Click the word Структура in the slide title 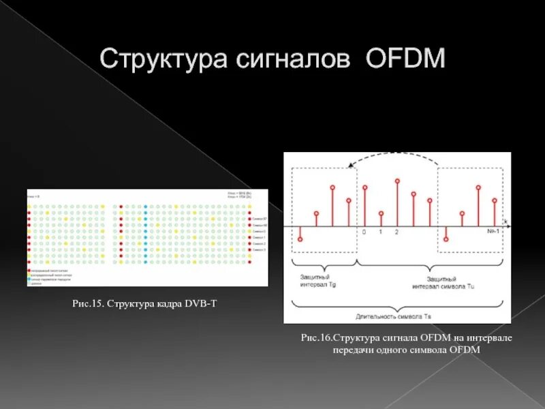click(162, 59)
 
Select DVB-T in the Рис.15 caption click(201, 303)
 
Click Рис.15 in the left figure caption click(88, 303)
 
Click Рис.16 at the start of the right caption click(316, 338)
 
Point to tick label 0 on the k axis click(364, 232)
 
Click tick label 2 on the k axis click(396, 232)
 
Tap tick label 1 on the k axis click(381, 232)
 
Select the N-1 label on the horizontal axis click(494, 232)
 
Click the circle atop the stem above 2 click(397, 181)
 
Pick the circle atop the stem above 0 click(364, 187)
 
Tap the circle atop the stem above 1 click(381, 213)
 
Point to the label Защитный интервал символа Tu click(443, 282)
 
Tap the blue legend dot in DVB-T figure click(29, 279)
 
